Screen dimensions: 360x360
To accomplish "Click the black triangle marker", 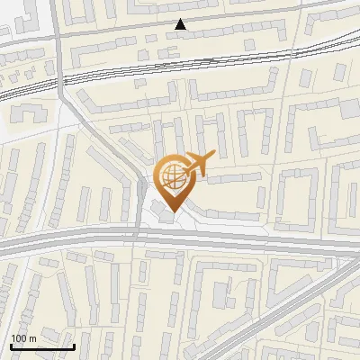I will click(x=181, y=24).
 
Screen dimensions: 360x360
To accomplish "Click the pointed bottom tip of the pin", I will click(x=171, y=211).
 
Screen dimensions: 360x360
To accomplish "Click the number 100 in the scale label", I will click(x=19, y=337).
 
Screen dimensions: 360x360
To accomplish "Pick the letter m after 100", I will click(x=32, y=337).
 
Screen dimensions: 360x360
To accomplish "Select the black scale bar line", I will click(x=42, y=347).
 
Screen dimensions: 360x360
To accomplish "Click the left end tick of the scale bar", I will click(x=11, y=346).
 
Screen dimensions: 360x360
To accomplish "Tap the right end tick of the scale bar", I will click(x=74, y=346).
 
